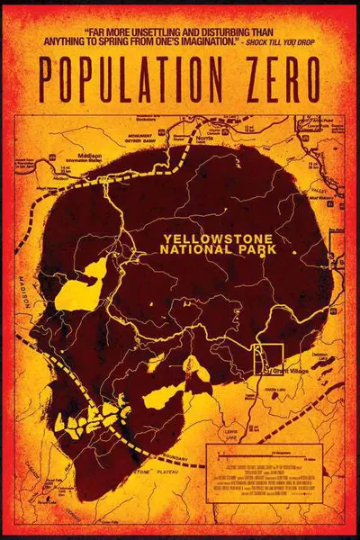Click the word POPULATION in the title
point(133,75)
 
